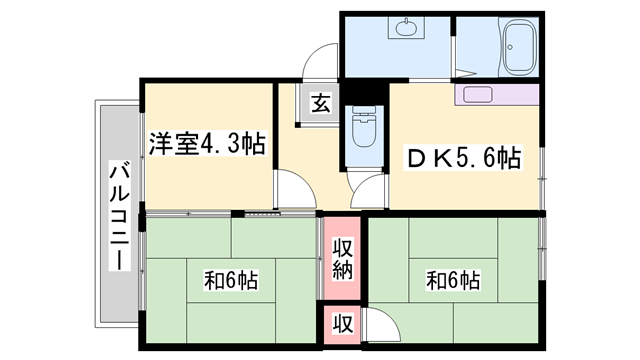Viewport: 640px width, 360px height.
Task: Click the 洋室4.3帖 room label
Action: click(208, 145)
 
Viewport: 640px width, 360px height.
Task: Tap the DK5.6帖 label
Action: click(462, 158)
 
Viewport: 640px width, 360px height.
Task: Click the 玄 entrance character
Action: click(319, 103)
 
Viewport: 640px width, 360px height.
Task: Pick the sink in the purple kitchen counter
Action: click(474, 96)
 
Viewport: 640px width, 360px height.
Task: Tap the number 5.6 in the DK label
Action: click(478, 158)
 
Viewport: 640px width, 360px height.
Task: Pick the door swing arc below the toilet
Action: click(369, 189)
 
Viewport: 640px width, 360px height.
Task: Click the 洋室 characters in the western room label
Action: click(171, 145)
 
